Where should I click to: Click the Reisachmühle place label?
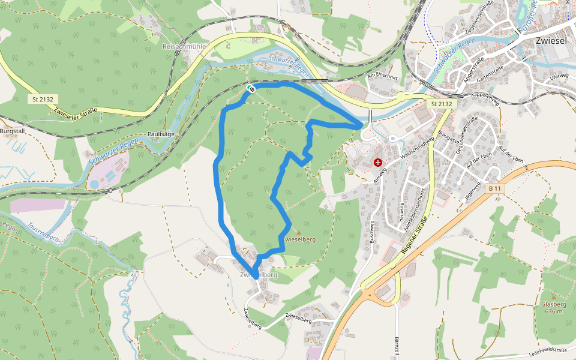[184, 46]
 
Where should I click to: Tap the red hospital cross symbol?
[378, 163]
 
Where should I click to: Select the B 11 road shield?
[494, 189]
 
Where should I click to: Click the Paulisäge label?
[160, 134]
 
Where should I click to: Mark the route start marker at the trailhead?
[251, 89]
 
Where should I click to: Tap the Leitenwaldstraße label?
[548, 350]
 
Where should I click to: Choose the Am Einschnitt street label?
[382, 76]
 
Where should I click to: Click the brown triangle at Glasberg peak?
[553, 297]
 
